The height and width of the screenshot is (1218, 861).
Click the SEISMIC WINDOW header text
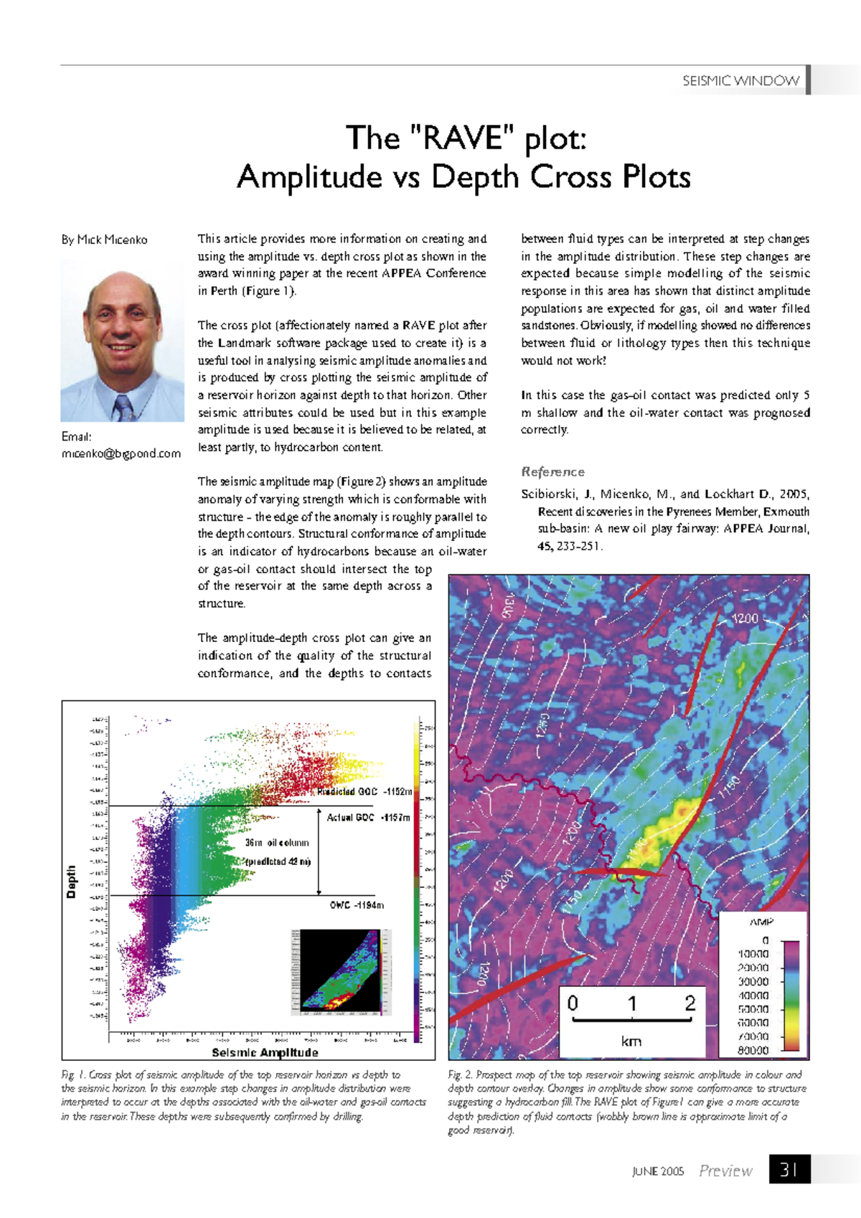pos(740,80)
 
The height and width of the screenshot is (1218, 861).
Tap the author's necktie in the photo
pos(123,407)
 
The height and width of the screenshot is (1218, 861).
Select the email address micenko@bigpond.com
pos(121,453)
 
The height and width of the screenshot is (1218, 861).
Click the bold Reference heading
pos(552,471)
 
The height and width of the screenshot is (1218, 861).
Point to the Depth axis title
pos(71,881)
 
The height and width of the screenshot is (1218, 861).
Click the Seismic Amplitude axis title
pos(265,1052)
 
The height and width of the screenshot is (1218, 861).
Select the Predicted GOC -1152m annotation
pos(364,792)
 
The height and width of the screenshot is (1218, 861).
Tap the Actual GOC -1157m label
pos(368,817)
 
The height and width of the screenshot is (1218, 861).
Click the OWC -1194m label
pos(357,905)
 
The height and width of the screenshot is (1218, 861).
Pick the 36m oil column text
pos(277,843)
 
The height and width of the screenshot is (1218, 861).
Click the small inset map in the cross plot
pos(342,971)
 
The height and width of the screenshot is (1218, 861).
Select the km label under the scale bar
pos(631,1041)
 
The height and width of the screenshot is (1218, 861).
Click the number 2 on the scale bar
pos(690,1003)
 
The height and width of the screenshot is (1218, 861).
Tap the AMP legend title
pos(761,922)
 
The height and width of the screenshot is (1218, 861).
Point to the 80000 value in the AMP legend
pos(753,1050)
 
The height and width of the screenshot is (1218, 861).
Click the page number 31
pos(789,1170)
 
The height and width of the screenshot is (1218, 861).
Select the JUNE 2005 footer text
pos(658,1171)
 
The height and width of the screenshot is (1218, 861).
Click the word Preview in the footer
pos(725,1171)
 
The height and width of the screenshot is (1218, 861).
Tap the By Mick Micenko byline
pos(105,240)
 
